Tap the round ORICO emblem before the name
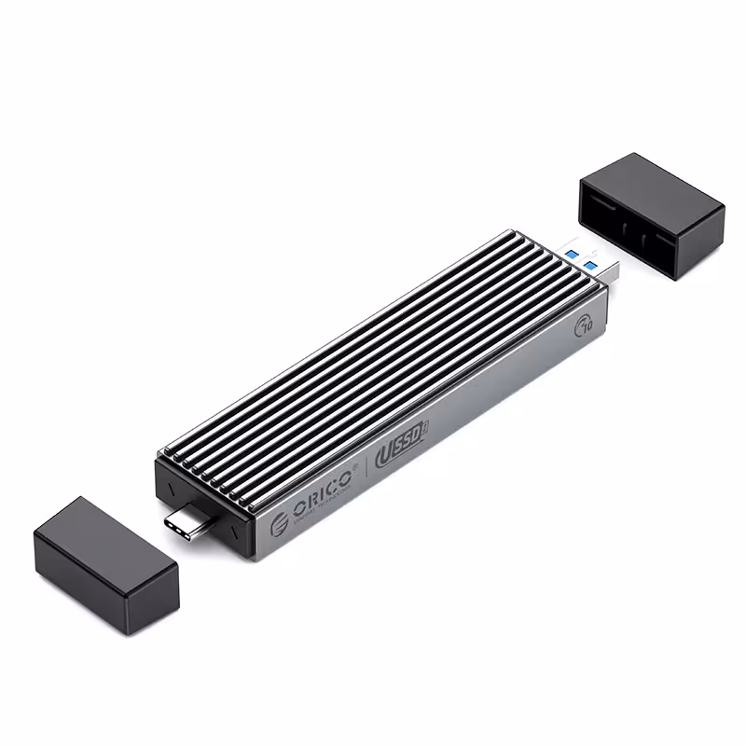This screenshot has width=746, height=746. click(279, 525)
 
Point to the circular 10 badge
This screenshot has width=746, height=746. click(586, 325)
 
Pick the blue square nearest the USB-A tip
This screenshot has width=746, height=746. click(591, 267)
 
